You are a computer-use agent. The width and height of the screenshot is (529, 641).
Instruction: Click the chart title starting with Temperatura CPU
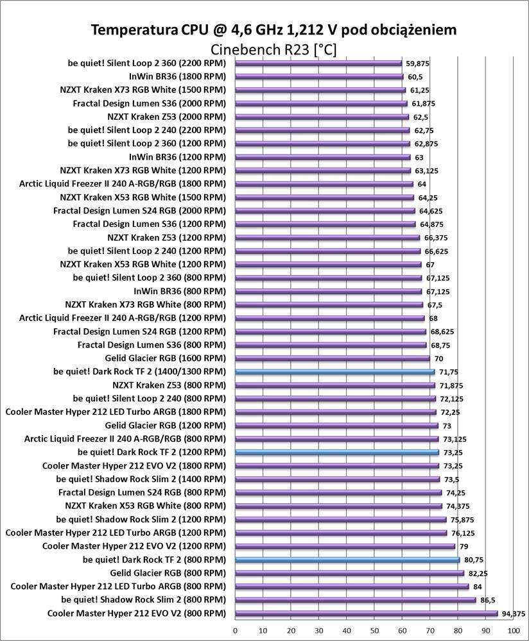click(274, 30)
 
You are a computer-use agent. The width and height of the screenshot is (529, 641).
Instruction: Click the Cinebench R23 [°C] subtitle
click(273, 49)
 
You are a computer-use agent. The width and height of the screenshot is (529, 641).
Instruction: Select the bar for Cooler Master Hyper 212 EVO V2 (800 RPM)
click(366, 613)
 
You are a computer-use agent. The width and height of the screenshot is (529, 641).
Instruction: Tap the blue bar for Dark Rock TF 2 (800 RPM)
click(347, 560)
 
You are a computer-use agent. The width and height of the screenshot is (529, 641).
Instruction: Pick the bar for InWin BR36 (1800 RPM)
click(319, 76)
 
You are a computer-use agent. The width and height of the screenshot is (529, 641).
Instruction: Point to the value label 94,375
click(514, 613)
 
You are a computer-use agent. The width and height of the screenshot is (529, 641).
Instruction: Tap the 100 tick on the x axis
click(513, 631)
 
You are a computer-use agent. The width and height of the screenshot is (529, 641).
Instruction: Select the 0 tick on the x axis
click(236, 631)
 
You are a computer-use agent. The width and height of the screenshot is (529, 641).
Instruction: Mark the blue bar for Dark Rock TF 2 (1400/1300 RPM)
click(334, 372)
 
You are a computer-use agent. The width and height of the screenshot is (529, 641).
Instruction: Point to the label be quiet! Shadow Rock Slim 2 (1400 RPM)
click(141, 479)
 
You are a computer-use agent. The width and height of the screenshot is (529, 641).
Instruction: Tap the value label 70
click(438, 358)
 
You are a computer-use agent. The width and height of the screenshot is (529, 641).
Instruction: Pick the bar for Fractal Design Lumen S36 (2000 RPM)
click(321, 103)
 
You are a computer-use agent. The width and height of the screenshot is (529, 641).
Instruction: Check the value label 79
click(464, 546)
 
